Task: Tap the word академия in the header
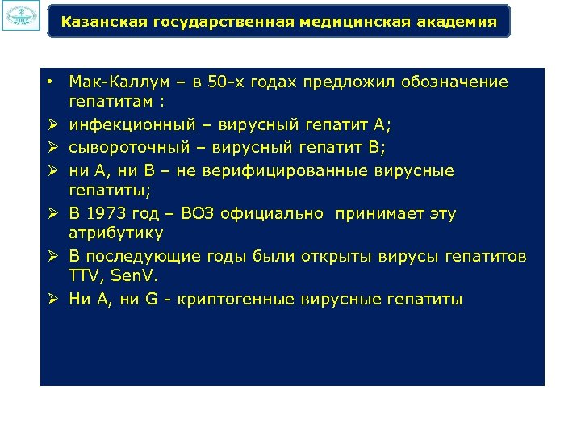pyautogui.click(x=461, y=22)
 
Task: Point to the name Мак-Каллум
pyautogui.click(x=111, y=82)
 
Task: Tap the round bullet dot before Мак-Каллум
pyautogui.click(x=50, y=82)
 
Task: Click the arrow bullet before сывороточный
pyautogui.click(x=50, y=149)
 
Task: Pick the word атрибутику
pyautogui.click(x=116, y=233)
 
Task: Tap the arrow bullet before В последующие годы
pyautogui.click(x=50, y=258)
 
